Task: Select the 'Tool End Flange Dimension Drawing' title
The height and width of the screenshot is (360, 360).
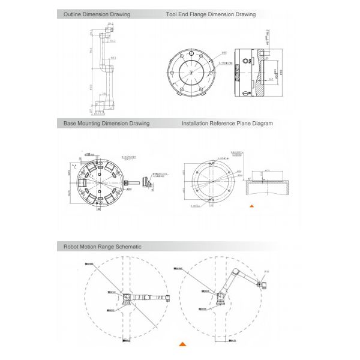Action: point(211,14)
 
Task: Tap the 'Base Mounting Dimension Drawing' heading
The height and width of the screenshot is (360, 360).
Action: point(107,124)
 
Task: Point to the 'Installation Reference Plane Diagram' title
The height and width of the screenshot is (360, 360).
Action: point(227,124)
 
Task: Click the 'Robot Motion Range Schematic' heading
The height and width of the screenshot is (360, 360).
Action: point(103,246)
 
